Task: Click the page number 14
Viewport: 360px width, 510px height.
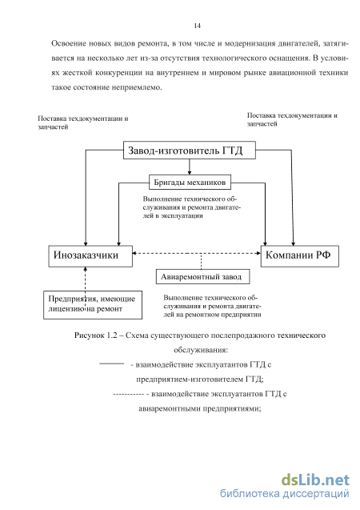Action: (198, 26)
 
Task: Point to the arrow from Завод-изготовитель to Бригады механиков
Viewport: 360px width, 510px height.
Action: (190, 167)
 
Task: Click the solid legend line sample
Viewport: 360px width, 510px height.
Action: (112, 363)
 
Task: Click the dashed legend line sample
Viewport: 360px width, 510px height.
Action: (129, 395)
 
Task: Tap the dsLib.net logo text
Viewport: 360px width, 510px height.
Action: (315, 480)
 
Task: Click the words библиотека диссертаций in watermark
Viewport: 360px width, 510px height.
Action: (285, 494)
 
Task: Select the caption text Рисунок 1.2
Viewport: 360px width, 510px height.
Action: (95, 335)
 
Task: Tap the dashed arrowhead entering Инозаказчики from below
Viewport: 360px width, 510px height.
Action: (86, 269)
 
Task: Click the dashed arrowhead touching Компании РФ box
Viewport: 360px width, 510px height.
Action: (258, 253)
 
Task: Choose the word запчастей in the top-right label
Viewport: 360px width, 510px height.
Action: (262, 124)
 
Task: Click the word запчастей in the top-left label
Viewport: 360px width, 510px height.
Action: (53, 127)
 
